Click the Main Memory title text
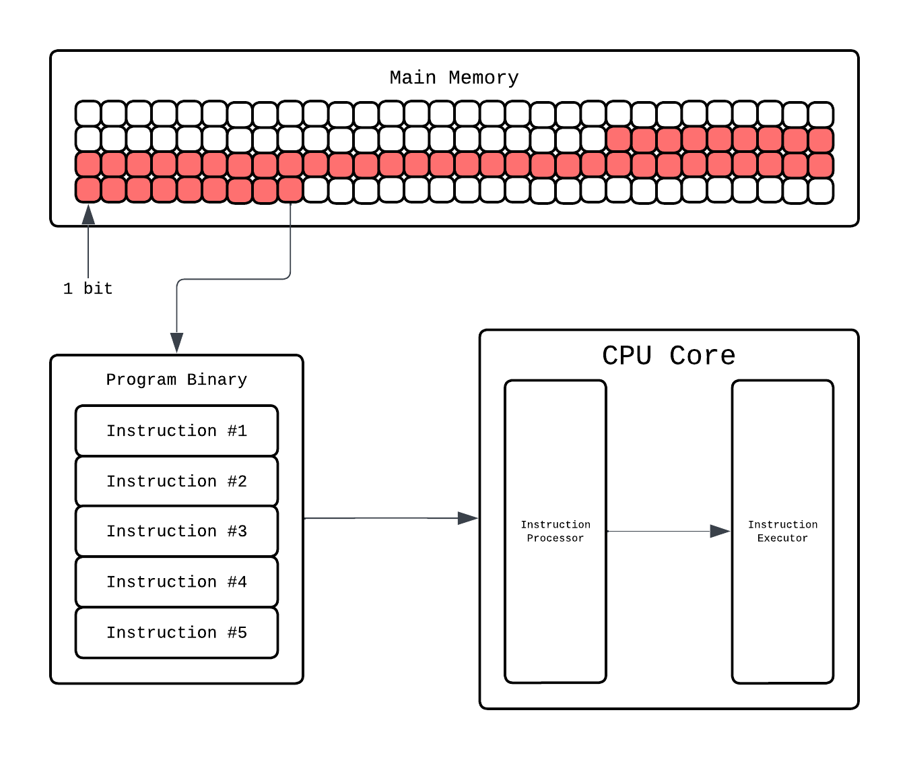(454, 77)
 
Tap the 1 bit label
(88, 288)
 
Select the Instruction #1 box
(176, 431)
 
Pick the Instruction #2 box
(176, 481)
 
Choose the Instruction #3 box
(176, 531)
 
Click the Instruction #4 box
(176, 581)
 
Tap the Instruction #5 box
(176, 632)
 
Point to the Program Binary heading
(176, 379)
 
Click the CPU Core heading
(668, 355)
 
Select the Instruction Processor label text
(555, 531)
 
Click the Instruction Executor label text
(782, 531)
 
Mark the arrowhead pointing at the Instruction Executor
(720, 531)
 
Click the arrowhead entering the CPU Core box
(468, 518)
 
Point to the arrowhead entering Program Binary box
(176, 343)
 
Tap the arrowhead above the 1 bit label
(88, 215)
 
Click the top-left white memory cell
(88, 113)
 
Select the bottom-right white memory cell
(821, 191)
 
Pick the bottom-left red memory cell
(88, 190)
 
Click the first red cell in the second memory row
(619, 139)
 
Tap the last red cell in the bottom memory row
(290, 190)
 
